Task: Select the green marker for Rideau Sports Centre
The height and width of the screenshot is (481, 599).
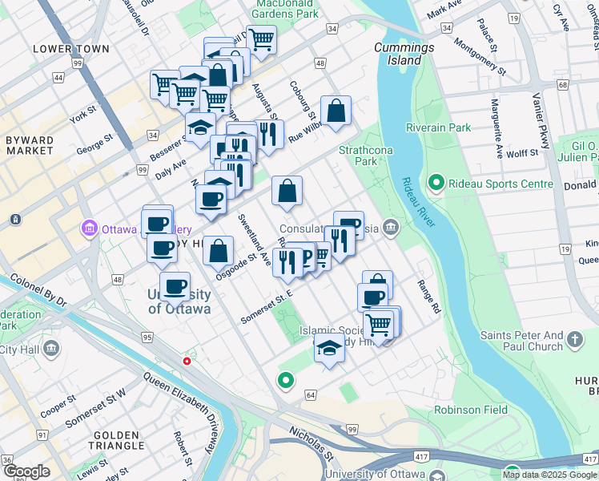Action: pos(436,184)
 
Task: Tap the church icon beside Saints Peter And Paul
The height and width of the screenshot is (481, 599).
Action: pos(575,341)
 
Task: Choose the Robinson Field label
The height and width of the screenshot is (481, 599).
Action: pos(471,410)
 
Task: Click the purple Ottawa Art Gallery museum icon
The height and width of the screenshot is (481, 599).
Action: pos(89,229)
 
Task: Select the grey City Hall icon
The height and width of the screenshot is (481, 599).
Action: pos(52,350)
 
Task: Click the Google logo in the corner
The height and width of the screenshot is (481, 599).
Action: pos(26,471)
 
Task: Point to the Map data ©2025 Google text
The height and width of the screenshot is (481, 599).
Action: pos(549,475)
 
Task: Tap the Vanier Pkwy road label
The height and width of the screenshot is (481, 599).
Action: pos(542,120)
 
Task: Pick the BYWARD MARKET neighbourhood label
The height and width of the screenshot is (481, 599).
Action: pos(30,145)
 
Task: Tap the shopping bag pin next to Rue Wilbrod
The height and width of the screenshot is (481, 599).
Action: pos(336,111)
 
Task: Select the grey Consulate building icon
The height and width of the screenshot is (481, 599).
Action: pos(390,227)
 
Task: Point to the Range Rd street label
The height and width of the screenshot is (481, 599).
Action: pos(429,296)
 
